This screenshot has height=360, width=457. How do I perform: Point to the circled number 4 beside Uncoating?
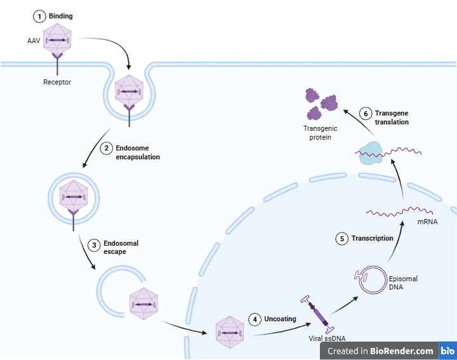[x=255, y=319]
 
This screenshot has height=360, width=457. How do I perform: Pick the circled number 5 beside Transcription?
[x=342, y=238]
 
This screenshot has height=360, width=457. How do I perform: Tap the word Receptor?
[x=57, y=82]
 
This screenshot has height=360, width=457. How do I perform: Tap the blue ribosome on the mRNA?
[x=369, y=153]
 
